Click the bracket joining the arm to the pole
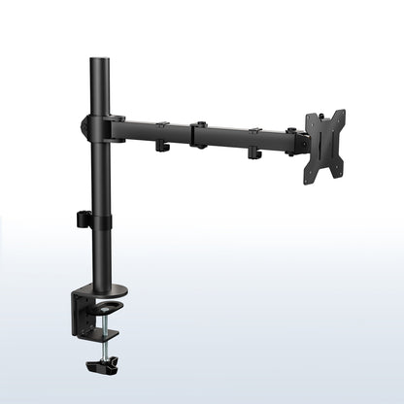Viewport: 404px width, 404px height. [102, 126]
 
